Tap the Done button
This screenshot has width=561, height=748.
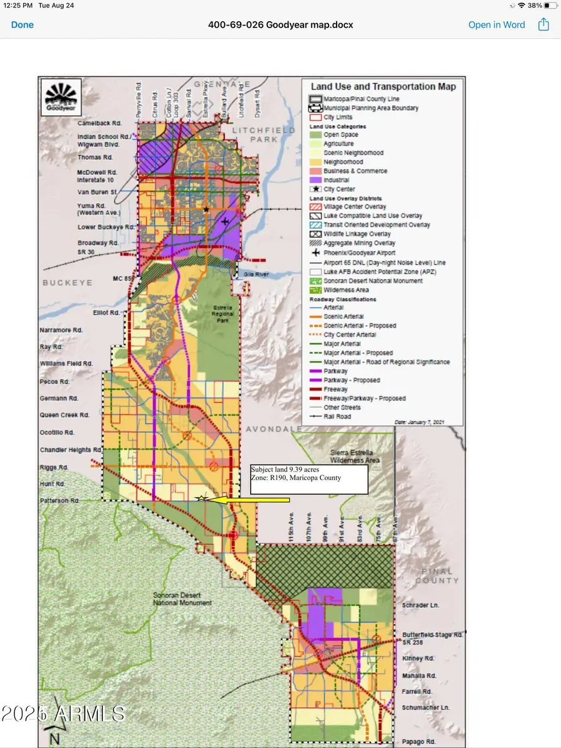tap(22, 25)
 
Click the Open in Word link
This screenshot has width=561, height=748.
tap(496, 25)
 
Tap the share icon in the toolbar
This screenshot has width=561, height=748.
tap(544, 24)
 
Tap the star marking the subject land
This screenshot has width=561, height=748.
tap(201, 498)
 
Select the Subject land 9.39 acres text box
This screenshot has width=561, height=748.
tap(308, 478)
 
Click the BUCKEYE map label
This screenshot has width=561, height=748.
tap(67, 283)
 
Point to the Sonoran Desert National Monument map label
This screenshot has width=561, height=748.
tap(183, 599)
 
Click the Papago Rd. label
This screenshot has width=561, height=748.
tap(418, 742)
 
